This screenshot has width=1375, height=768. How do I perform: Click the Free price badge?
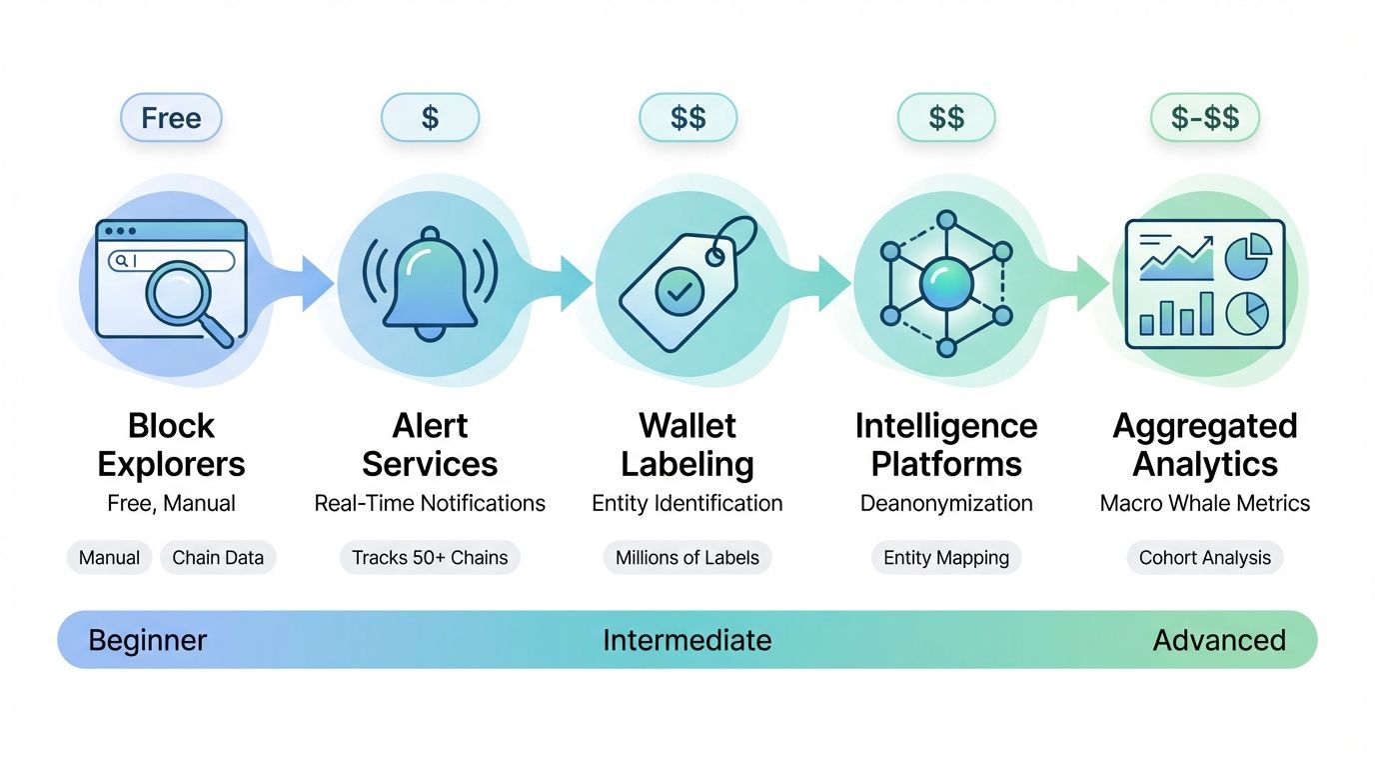[171, 118]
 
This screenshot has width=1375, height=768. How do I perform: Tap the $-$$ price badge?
[1204, 118]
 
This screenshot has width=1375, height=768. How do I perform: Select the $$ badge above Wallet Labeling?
[687, 118]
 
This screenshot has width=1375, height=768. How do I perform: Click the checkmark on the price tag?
[673, 291]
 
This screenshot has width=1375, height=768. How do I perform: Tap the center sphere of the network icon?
[945, 285]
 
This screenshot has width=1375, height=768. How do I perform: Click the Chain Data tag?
[218, 558]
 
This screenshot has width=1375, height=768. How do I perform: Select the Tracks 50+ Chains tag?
[430, 558]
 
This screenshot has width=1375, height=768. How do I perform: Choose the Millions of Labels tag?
[687, 558]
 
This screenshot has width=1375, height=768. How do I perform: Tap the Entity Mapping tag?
[946, 558]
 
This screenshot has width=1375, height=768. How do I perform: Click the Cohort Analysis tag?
[1204, 558]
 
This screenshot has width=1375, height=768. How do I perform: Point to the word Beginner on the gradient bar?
[147, 640]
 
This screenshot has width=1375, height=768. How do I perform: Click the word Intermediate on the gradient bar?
[687, 640]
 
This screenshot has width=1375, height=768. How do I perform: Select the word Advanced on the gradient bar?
[1219, 640]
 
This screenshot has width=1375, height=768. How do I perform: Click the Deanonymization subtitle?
[946, 503]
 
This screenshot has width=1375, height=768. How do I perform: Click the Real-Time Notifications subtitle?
[430, 503]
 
